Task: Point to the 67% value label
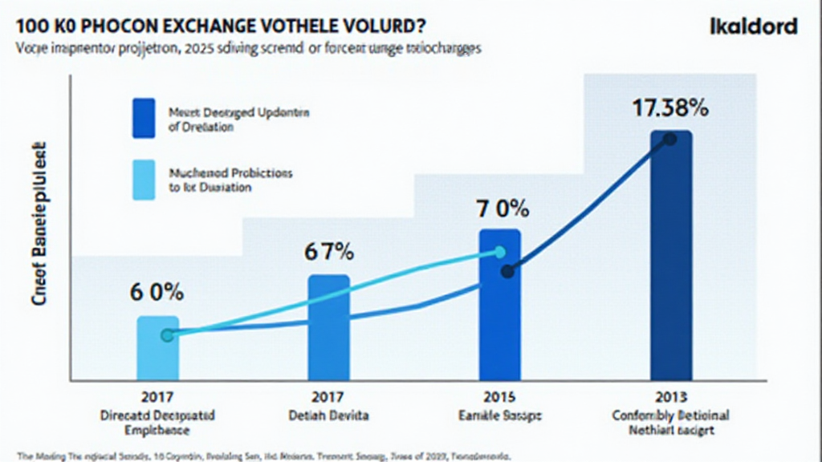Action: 328,252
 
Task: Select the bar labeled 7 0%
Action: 499,304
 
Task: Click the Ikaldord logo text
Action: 753,26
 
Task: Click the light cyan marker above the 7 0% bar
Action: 499,253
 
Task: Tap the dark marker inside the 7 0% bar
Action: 507,272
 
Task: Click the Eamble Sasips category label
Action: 499,416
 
